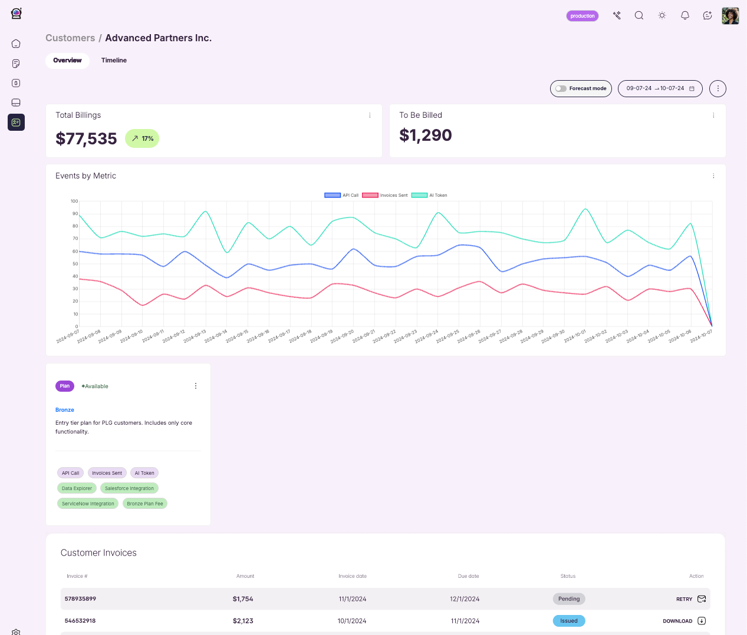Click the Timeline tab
(x=114, y=61)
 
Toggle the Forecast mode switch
(x=561, y=88)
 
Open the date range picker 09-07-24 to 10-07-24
(x=660, y=88)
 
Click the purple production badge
(x=582, y=16)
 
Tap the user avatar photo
(x=730, y=16)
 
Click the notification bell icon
(x=685, y=16)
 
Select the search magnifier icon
(x=639, y=16)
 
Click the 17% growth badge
(x=142, y=138)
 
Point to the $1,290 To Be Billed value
(x=425, y=135)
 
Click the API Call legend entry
(x=341, y=195)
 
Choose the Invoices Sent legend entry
(x=384, y=195)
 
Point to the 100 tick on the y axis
(x=74, y=201)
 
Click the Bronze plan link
(x=65, y=410)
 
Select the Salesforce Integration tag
(x=129, y=488)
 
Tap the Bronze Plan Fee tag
(x=144, y=504)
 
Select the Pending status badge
(x=569, y=599)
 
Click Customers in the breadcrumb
(x=70, y=38)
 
